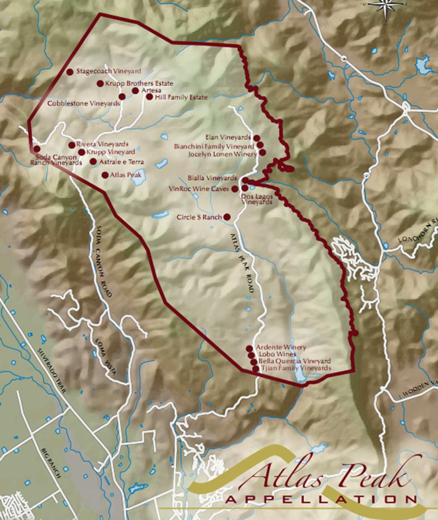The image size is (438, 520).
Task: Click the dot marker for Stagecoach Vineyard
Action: click(x=70, y=72)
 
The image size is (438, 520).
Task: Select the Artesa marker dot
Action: click(x=135, y=91)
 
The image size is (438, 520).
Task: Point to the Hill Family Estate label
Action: click(x=181, y=97)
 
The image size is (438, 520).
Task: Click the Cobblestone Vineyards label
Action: click(x=84, y=103)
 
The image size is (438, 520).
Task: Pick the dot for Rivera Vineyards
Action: click(x=72, y=145)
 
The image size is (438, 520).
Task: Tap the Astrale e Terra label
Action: click(x=122, y=162)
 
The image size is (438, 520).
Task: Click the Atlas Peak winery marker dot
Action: click(x=105, y=175)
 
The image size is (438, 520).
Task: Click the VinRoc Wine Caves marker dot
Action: click(x=235, y=189)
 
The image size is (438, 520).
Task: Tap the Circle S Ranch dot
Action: click(x=227, y=217)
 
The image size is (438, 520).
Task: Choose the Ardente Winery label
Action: click(x=281, y=347)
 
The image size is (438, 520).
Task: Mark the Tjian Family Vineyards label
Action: click(x=296, y=368)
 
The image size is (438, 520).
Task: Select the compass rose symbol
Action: click(x=385, y=7)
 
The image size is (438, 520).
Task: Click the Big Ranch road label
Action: click(x=51, y=462)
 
